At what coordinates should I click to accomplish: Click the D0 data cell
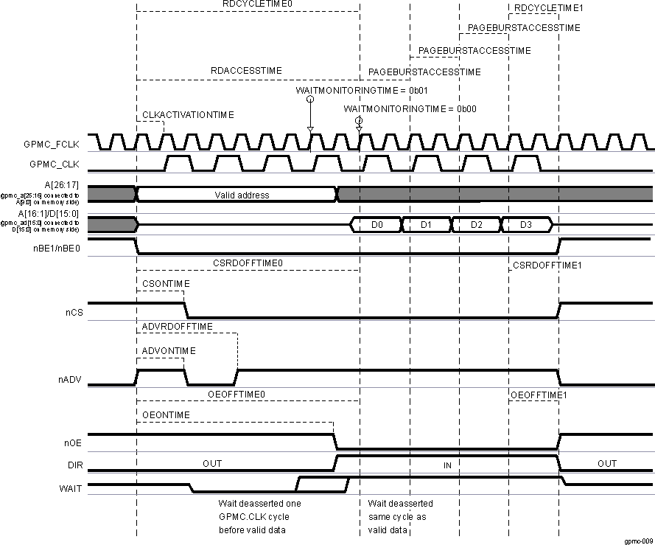(376, 223)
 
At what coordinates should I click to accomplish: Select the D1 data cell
(425, 223)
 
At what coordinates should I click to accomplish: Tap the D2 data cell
(475, 223)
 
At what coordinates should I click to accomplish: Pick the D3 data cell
(525, 223)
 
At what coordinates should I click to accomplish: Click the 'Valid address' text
(242, 195)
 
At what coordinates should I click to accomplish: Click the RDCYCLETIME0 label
(247, 4)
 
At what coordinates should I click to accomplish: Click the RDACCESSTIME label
(246, 71)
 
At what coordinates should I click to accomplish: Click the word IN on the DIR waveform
(447, 465)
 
